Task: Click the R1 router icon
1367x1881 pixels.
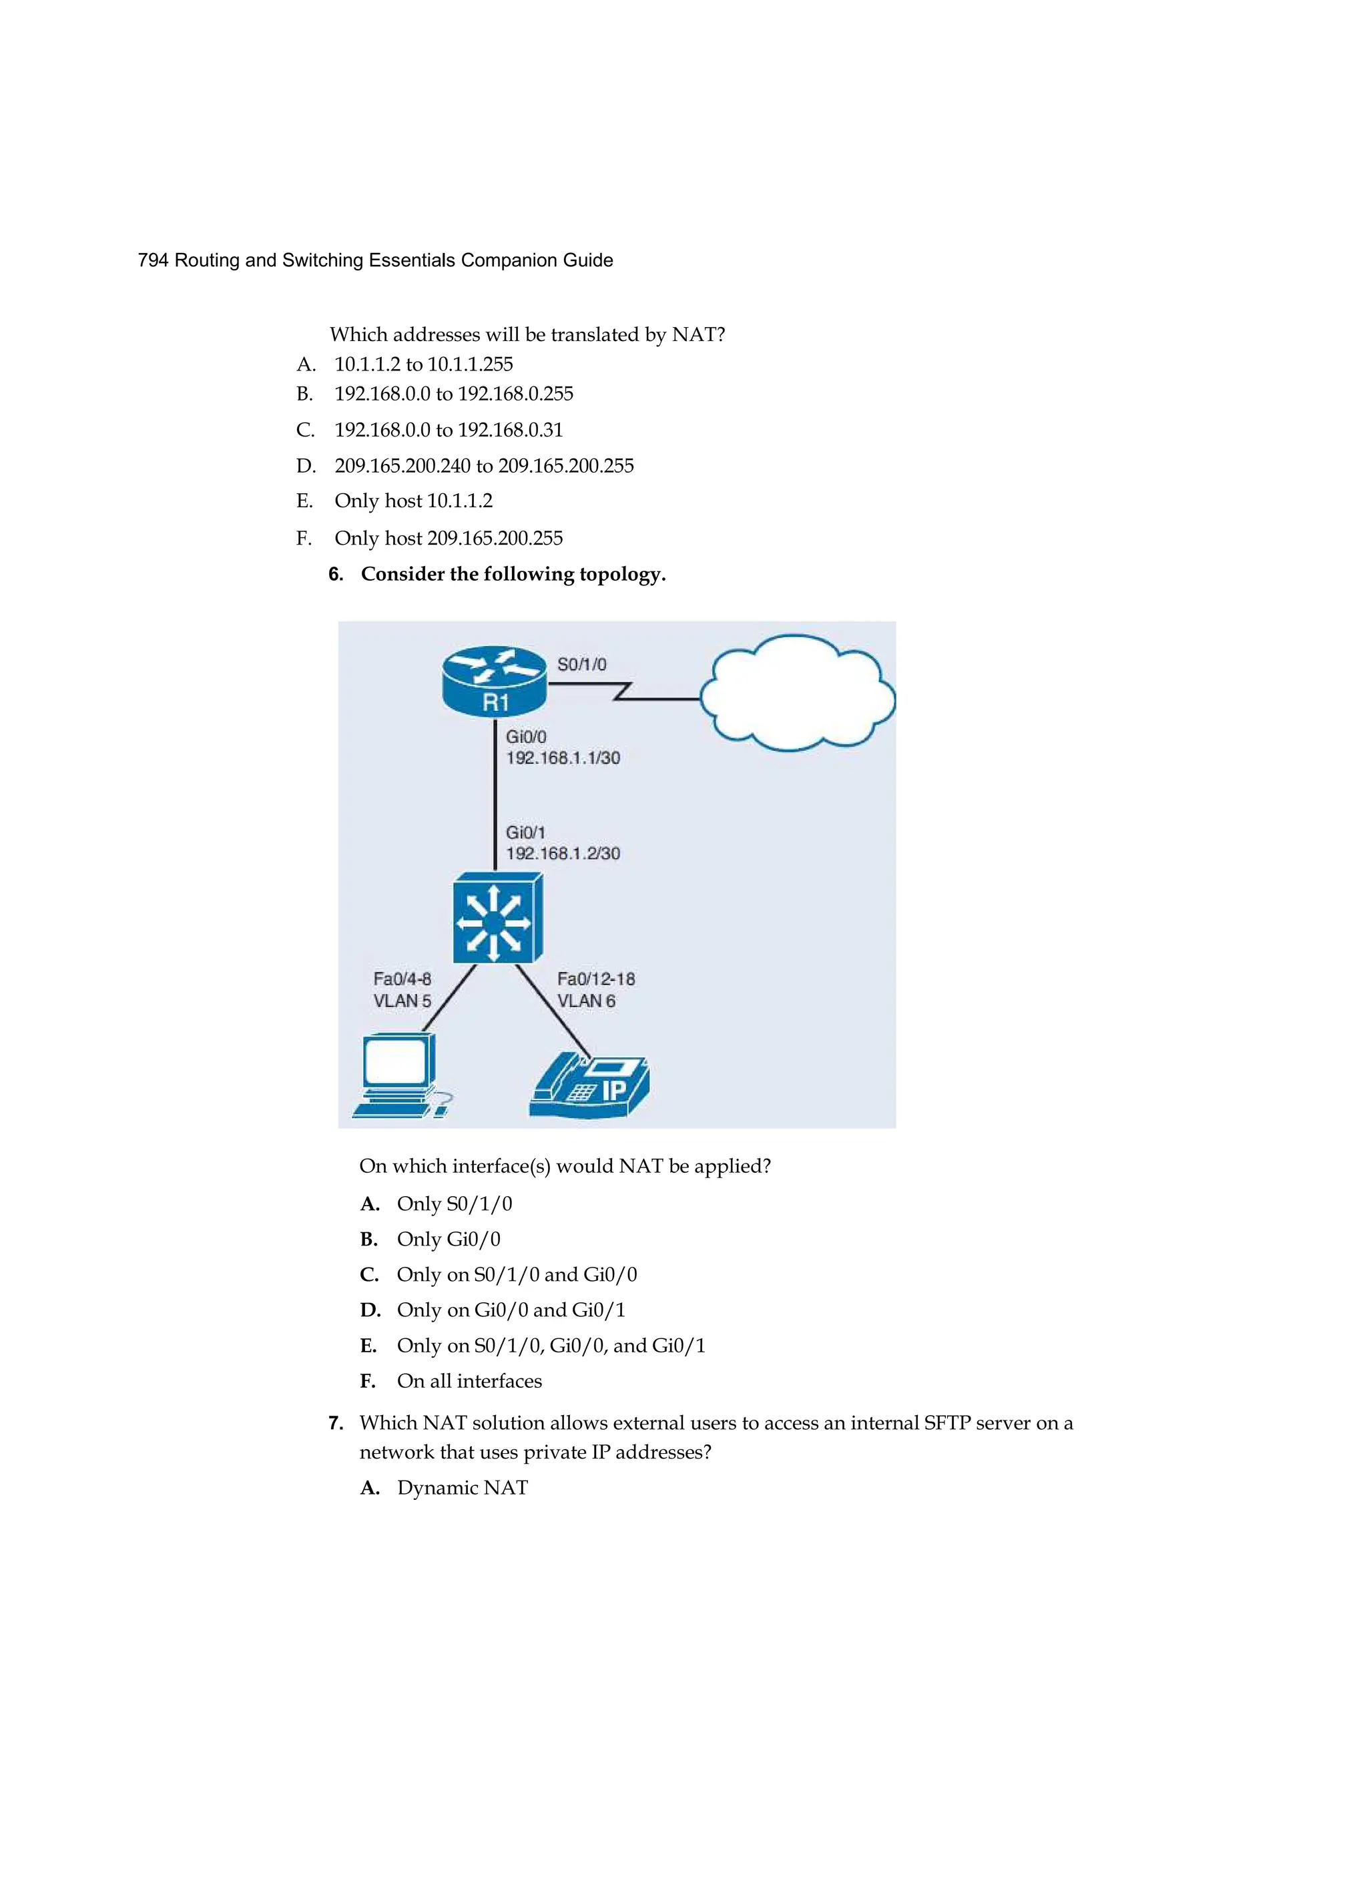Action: pos(495,681)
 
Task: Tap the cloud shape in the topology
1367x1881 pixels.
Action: pos(797,694)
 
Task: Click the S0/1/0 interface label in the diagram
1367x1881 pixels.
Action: pos(581,664)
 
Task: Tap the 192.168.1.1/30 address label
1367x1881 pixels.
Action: pos(563,758)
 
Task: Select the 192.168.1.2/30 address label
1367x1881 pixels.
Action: pos(563,854)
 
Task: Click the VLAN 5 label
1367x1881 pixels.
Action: pos(402,1001)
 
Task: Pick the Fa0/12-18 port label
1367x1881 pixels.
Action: pos(595,979)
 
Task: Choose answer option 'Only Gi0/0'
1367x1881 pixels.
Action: pos(448,1239)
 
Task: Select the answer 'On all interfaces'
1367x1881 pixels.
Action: pos(469,1381)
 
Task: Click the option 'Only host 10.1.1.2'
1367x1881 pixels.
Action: pos(413,501)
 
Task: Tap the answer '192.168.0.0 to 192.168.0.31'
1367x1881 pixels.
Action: pos(448,430)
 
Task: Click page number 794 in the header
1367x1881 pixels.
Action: pos(154,260)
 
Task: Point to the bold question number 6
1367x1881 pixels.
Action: pos(336,575)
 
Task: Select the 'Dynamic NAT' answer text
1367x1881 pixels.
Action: pos(462,1488)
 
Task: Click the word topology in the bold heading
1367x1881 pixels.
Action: pos(622,575)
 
